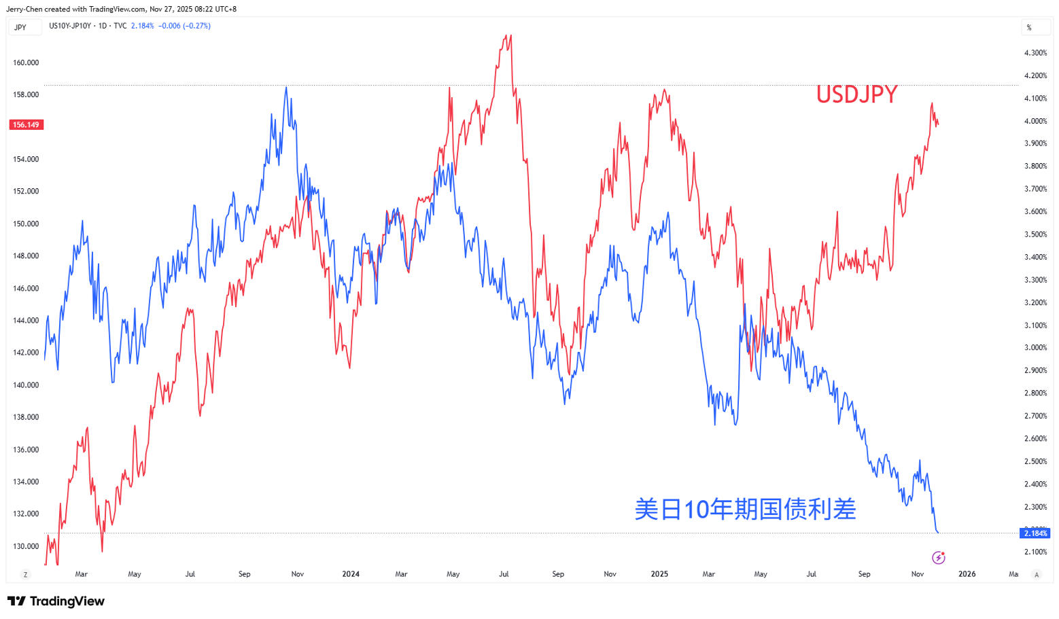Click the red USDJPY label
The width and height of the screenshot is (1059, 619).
coord(856,94)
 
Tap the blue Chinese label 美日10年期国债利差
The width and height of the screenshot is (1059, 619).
coord(745,509)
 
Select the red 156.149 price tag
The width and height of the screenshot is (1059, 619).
coord(26,125)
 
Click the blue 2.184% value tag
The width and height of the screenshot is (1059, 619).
coord(1036,533)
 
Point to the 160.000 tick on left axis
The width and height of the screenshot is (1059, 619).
coord(26,63)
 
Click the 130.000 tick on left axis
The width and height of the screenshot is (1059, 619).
coord(26,546)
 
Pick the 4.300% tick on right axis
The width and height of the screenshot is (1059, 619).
coord(1035,53)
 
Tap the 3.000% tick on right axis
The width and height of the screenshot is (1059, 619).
coord(1035,348)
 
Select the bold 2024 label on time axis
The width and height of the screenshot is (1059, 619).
coord(351,574)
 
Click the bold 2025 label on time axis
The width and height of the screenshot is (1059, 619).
coord(659,574)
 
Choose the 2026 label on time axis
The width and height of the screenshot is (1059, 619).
coord(967,574)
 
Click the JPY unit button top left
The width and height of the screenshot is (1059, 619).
coord(20,27)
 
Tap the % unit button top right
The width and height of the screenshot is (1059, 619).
coord(1029,27)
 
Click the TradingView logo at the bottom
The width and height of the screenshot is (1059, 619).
coord(56,601)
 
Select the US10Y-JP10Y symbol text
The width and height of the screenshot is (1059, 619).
coord(70,26)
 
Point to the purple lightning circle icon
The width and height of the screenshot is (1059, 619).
coord(939,558)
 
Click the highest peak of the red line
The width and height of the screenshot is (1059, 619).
coord(510,35)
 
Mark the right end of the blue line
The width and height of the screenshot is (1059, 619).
coord(939,533)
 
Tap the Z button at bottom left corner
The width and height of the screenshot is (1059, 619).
coord(26,575)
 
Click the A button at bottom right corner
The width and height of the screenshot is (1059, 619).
coord(1037,575)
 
